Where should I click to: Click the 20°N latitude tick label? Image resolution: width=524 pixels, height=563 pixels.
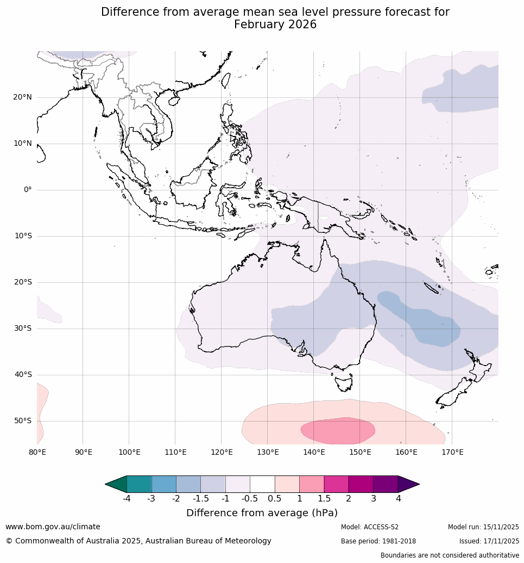22,97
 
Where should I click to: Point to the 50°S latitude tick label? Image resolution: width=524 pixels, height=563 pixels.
22,421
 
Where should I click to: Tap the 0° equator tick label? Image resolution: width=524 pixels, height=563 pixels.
28,190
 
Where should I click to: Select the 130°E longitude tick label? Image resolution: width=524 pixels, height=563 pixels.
268,452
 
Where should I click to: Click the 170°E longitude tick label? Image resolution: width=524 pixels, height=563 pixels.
452,452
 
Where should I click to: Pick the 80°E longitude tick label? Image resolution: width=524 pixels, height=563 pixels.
37,452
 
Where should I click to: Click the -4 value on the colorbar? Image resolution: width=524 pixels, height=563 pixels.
127,498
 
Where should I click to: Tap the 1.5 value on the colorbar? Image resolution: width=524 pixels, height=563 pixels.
324,498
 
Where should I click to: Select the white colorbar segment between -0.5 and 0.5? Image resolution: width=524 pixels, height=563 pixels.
262,484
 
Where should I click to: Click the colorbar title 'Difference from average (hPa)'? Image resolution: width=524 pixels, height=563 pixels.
262,513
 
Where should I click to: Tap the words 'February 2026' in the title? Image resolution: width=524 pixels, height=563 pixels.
275,25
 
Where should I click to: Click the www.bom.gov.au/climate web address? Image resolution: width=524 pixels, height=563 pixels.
53,527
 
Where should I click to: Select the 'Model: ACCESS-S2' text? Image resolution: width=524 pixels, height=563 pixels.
370,527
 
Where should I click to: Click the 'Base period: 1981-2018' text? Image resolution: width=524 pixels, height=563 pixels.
378,541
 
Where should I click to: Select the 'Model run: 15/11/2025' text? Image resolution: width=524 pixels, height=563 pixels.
483,527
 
